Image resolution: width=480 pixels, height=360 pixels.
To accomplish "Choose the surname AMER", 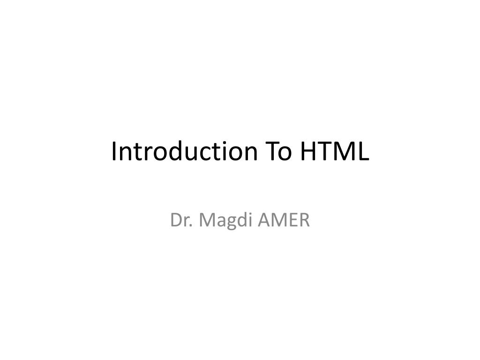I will point(286,220).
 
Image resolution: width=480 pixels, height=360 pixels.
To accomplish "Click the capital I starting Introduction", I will point(114,152).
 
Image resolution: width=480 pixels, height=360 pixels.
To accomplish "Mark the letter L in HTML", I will point(363,152).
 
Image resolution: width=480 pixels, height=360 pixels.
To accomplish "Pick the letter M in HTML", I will point(345,152).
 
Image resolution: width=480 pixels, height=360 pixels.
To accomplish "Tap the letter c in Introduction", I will point(202,153).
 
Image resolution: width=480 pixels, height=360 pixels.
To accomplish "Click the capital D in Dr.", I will point(177,220).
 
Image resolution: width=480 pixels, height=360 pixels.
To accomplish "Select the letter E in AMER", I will point(295,220).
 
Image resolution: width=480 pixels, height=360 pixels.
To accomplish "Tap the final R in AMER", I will point(305,220).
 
